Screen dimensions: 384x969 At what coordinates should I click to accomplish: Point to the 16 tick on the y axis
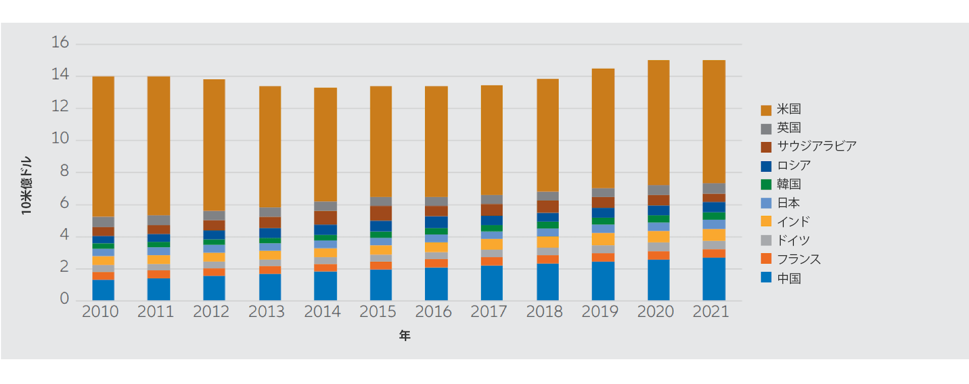point(60,42)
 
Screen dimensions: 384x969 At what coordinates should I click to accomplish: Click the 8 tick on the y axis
point(64,171)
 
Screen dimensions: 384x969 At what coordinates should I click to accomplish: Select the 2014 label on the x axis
point(322,312)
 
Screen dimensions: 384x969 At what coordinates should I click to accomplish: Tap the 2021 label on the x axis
point(711,312)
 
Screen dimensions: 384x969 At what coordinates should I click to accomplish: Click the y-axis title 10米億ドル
point(26,185)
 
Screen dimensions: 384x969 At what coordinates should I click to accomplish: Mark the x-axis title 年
point(405,335)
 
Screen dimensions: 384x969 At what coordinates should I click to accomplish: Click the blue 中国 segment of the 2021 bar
point(714,279)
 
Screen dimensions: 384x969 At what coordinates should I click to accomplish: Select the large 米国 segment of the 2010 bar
point(103,147)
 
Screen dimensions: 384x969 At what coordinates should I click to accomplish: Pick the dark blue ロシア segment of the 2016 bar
point(436,222)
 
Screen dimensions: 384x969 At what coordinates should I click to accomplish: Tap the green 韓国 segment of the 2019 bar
point(603,221)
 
